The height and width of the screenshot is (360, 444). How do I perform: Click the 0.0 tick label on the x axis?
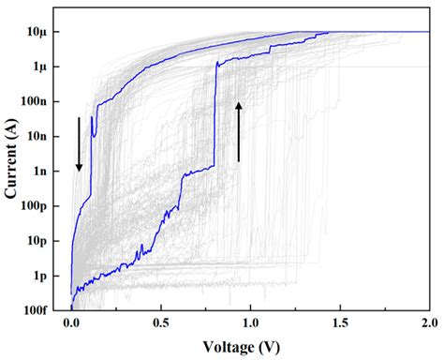72,323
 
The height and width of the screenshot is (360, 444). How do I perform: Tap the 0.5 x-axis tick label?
161,323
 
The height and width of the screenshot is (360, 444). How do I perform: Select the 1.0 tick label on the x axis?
250,323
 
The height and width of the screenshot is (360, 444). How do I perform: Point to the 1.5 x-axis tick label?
339,323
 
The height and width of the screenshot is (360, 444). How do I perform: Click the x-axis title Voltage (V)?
248,347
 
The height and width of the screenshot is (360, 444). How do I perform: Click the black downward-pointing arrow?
80,144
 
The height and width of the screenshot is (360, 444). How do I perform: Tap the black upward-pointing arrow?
239,131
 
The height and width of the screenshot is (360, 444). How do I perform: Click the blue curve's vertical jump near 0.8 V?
215,117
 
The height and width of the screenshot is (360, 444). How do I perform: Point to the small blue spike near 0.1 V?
93,127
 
